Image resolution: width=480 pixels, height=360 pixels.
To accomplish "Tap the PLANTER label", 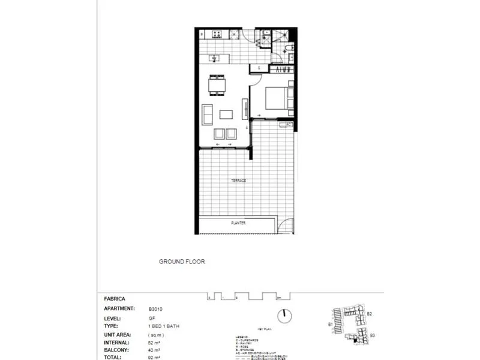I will (238, 223).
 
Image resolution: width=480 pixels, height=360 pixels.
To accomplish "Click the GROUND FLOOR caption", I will (182, 262).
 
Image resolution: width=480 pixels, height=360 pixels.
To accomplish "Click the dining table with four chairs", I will (216, 85).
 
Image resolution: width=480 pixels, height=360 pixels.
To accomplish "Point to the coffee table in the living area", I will (226, 114).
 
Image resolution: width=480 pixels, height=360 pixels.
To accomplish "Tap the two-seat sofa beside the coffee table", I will (207, 113).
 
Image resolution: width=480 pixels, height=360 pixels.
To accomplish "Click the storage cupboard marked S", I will (259, 68).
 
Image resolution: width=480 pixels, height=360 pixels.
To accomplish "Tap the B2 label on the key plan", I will (370, 314).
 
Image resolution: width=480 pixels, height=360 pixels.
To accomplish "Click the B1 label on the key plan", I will (331, 325).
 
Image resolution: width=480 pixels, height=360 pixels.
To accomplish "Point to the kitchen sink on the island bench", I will (214, 58).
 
